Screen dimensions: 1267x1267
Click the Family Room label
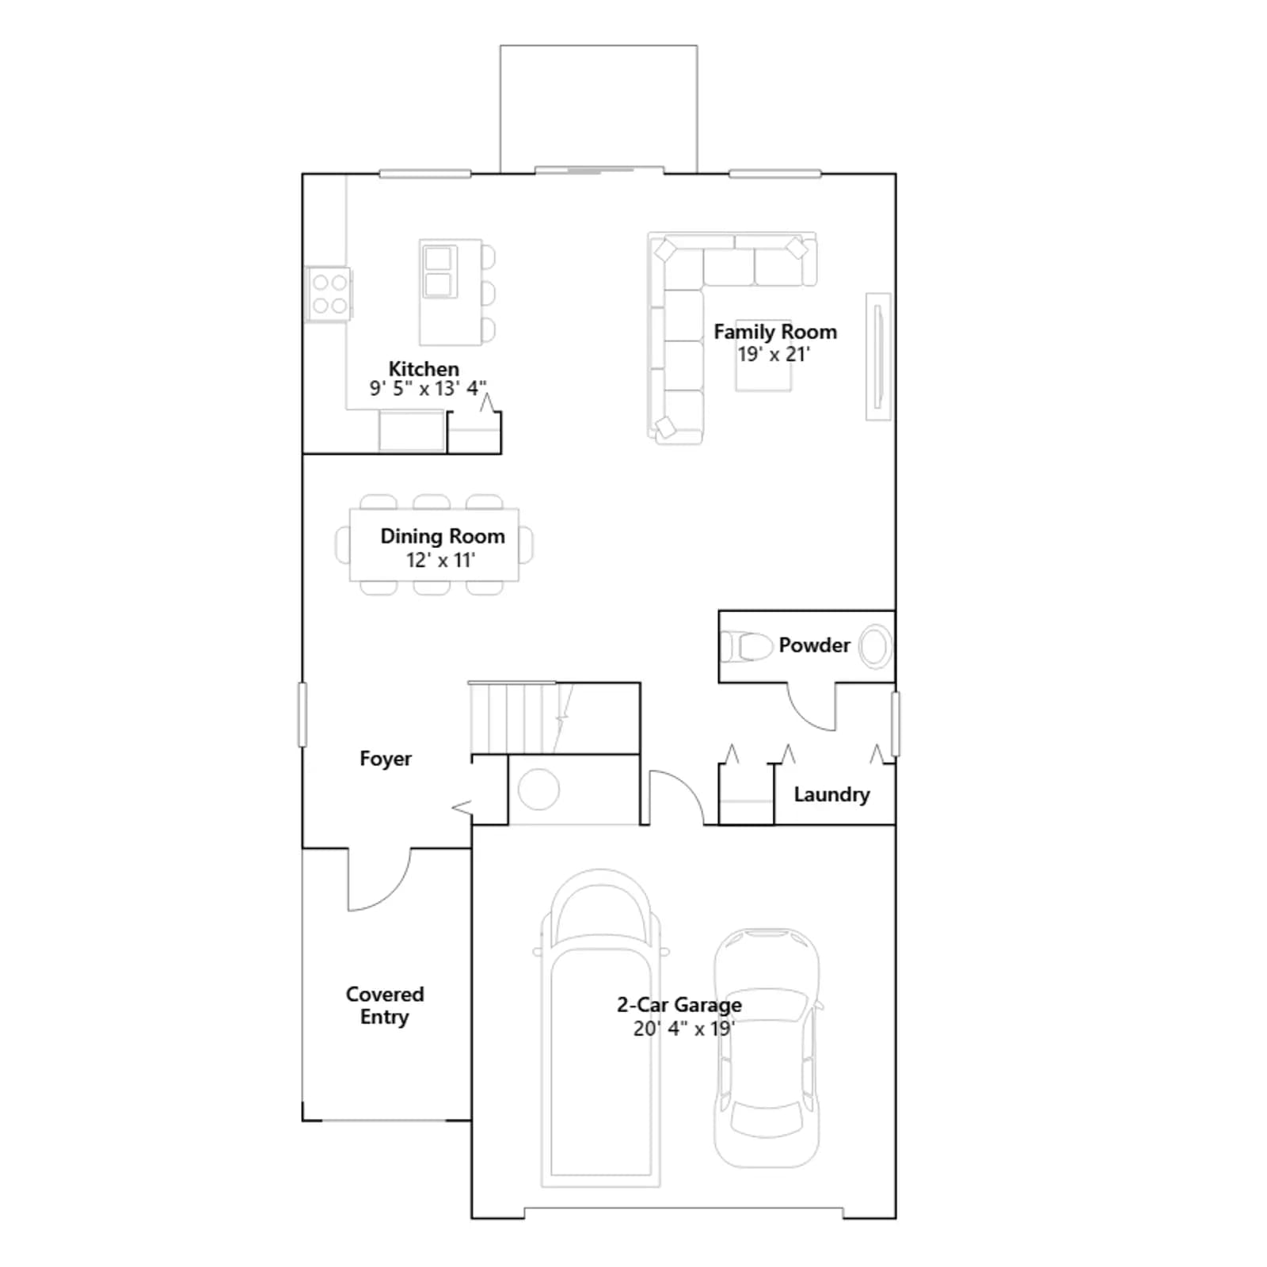[774, 332]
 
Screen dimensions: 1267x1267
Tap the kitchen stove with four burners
[329, 294]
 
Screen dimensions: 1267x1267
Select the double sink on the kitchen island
[439, 271]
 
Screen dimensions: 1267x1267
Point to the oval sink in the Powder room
[875, 646]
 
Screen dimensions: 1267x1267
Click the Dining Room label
[442, 536]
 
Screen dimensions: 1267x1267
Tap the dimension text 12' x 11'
[440, 560]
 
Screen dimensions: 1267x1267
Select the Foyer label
[386, 759]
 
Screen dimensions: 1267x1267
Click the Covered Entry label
[385, 1006]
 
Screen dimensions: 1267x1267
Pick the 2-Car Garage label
[679, 1005]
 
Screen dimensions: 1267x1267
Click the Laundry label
[831, 794]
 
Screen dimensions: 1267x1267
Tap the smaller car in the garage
[767, 1048]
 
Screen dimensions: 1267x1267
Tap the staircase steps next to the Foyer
[516, 717]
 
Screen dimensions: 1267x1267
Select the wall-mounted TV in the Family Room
[877, 356]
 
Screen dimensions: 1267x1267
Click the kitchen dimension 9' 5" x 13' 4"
[428, 389]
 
